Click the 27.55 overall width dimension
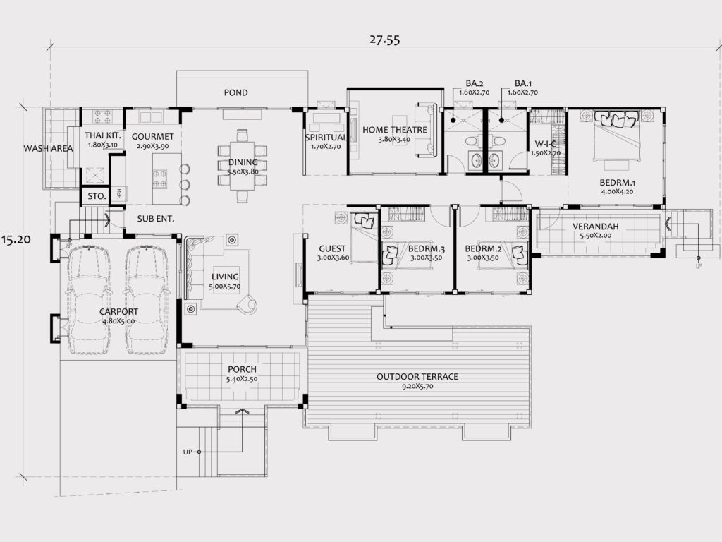[x=384, y=40]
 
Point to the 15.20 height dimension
[x=16, y=239]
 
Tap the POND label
[x=235, y=92]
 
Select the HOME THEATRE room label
[x=395, y=130]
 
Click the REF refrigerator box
[x=118, y=193]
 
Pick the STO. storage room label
[x=97, y=196]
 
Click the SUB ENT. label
[x=156, y=219]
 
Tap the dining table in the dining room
[x=243, y=166]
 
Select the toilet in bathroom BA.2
[x=472, y=140]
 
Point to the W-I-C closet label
[x=545, y=144]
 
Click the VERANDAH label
[x=595, y=227]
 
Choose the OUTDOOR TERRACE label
[x=417, y=377]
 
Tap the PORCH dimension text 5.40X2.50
[x=242, y=379]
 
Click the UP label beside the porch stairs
[x=188, y=452]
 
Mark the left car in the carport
[x=90, y=300]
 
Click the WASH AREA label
[x=49, y=148]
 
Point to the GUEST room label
[x=332, y=249]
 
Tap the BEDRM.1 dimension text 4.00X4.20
[x=617, y=192]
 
